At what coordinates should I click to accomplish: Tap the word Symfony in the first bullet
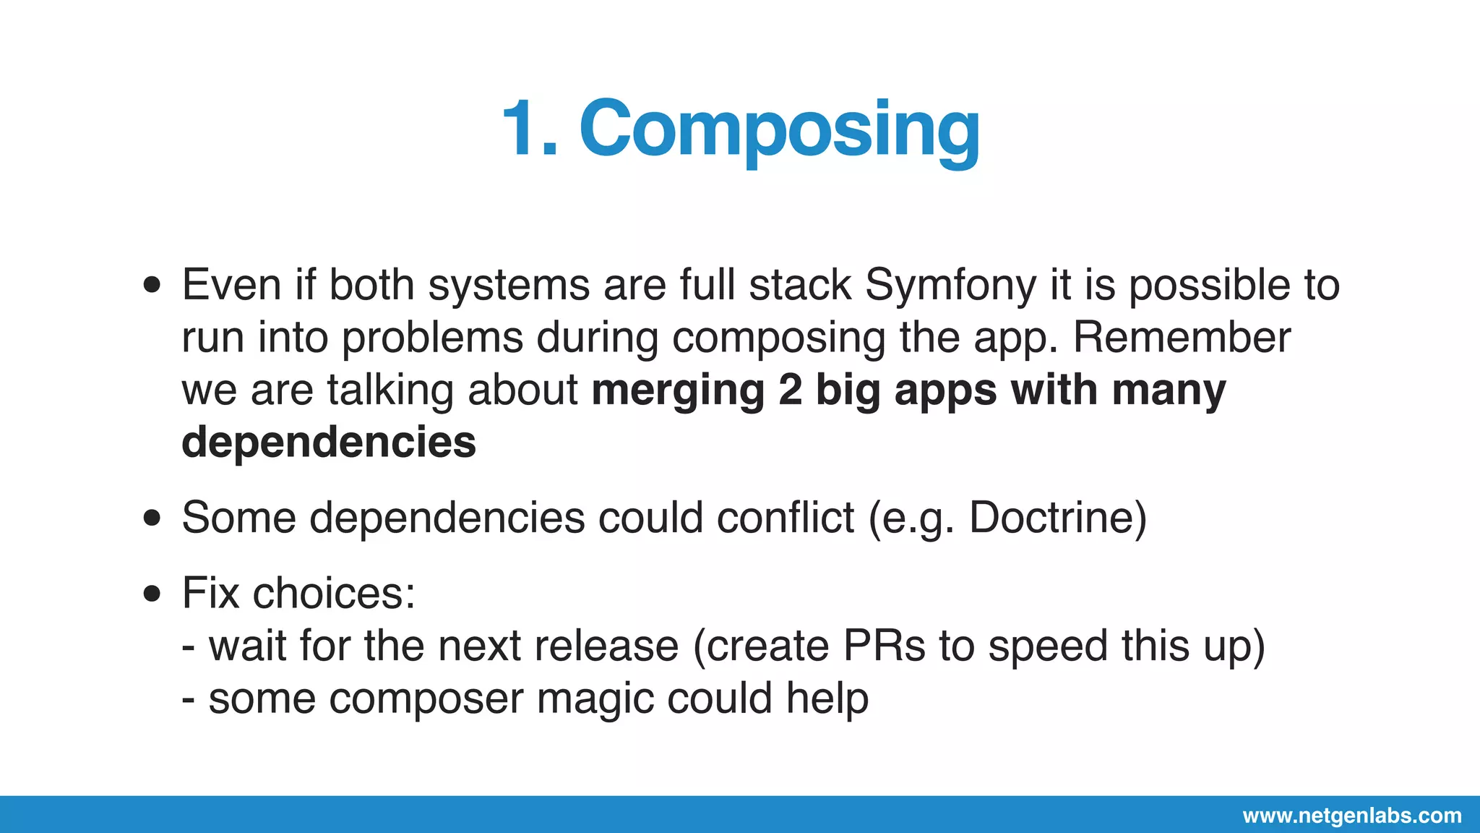[x=950, y=285]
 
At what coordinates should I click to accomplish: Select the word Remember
[x=1182, y=338]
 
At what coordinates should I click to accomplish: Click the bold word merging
[x=678, y=390]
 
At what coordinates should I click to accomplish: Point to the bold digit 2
[x=791, y=390]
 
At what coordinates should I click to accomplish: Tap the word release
[x=606, y=646]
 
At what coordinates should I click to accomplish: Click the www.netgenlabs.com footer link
[x=1351, y=816]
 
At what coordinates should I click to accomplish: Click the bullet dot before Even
[x=152, y=285]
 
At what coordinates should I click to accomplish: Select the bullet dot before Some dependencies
[x=152, y=518]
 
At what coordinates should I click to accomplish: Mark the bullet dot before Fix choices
[x=152, y=594]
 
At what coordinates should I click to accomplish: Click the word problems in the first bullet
[x=432, y=338]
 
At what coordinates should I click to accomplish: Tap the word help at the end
[x=827, y=699]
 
